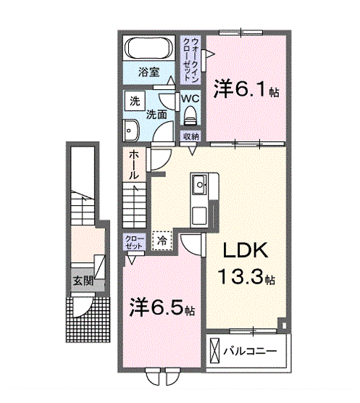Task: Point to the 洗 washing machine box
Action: point(134,101)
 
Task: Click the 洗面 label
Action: point(156,114)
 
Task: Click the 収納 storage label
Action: point(191,136)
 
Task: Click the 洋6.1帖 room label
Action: point(246,91)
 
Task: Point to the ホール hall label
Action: point(135,165)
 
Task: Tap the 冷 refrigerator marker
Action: point(162,239)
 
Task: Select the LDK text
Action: point(245,251)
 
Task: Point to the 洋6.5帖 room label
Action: point(162,307)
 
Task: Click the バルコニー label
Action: point(249,351)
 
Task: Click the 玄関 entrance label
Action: point(80,279)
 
